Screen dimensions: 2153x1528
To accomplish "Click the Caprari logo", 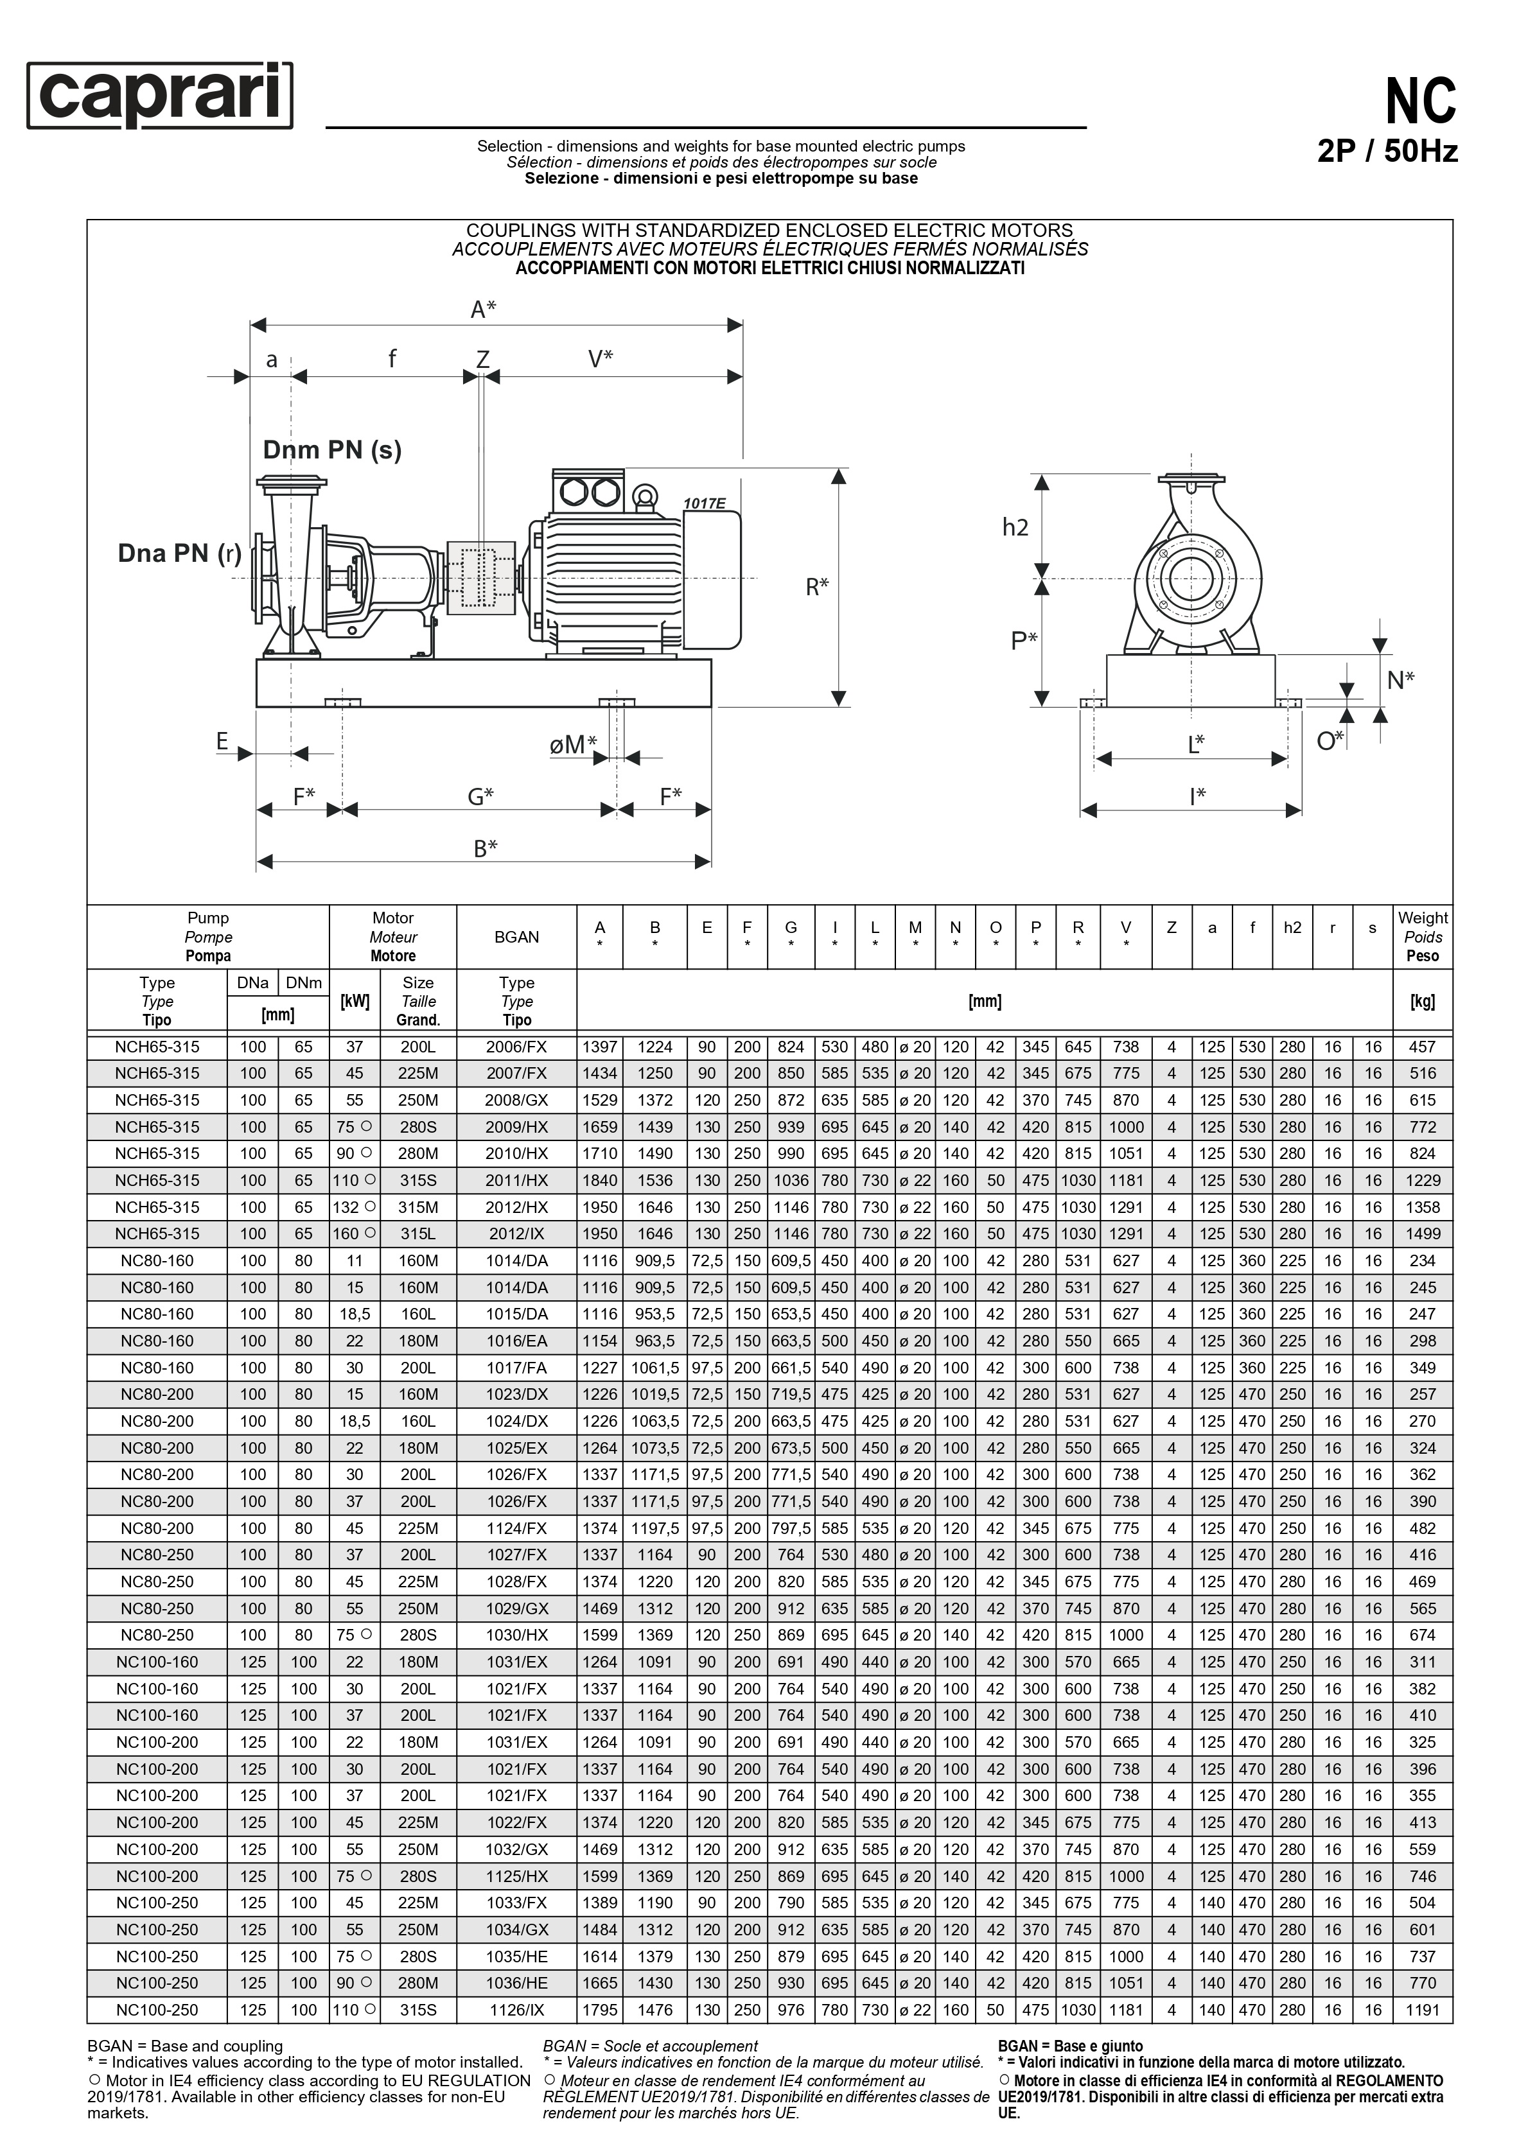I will [160, 95].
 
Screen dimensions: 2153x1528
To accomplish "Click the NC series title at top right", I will [1420, 101].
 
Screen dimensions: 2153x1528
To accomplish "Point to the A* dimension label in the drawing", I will [484, 309].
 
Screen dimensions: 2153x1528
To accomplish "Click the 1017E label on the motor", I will [704, 504].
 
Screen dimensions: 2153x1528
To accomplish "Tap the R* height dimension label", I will [817, 587].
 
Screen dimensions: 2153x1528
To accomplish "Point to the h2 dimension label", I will [1015, 528].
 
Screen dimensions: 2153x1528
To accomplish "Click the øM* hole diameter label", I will [573, 745].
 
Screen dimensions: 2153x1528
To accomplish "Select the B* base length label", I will [484, 848].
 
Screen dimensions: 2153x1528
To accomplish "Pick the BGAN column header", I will [516, 937].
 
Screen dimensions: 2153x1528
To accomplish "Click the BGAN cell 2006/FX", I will [516, 1047].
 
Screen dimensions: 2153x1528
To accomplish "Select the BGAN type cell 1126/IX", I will [516, 2010].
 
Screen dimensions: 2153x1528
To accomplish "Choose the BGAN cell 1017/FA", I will [516, 1368].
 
